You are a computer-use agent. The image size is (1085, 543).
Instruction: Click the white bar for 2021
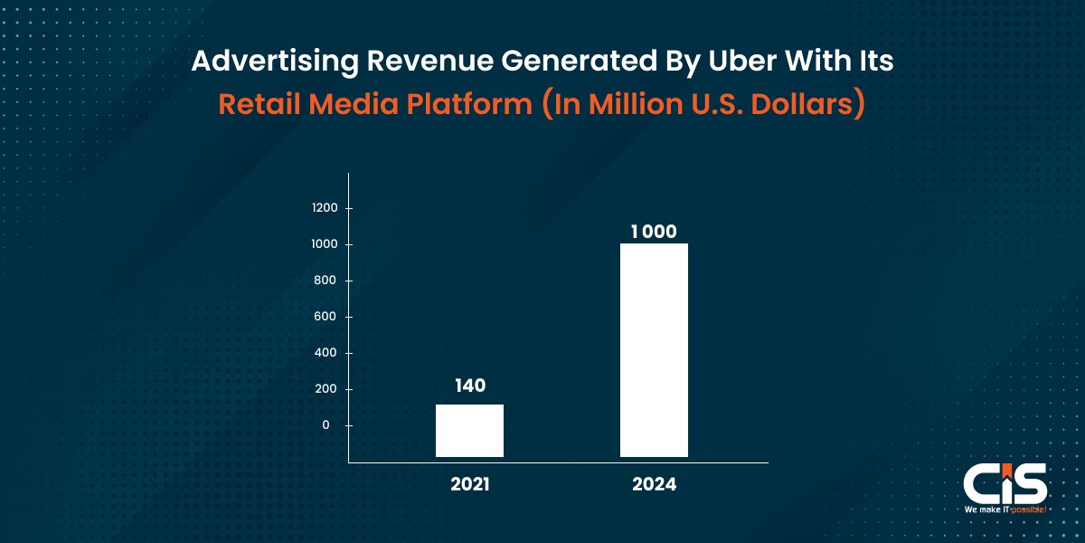pyautogui.click(x=469, y=430)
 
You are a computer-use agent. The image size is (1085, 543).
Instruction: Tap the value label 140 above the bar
pyautogui.click(x=469, y=386)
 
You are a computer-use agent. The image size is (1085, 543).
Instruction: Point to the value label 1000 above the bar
pyautogui.click(x=654, y=232)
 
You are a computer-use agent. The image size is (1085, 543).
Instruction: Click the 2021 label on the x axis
pyautogui.click(x=469, y=484)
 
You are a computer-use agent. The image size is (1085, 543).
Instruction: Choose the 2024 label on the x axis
pyautogui.click(x=654, y=484)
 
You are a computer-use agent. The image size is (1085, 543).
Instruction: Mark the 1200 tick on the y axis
pyautogui.click(x=325, y=208)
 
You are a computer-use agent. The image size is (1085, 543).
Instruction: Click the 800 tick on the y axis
pyautogui.click(x=327, y=281)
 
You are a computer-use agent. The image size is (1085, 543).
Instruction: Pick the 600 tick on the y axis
pyautogui.click(x=327, y=317)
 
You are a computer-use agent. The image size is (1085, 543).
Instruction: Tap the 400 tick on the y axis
pyautogui.click(x=327, y=353)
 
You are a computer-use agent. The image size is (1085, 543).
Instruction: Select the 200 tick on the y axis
pyautogui.click(x=327, y=389)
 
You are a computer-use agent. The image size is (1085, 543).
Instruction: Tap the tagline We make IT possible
pyautogui.click(x=1004, y=510)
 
